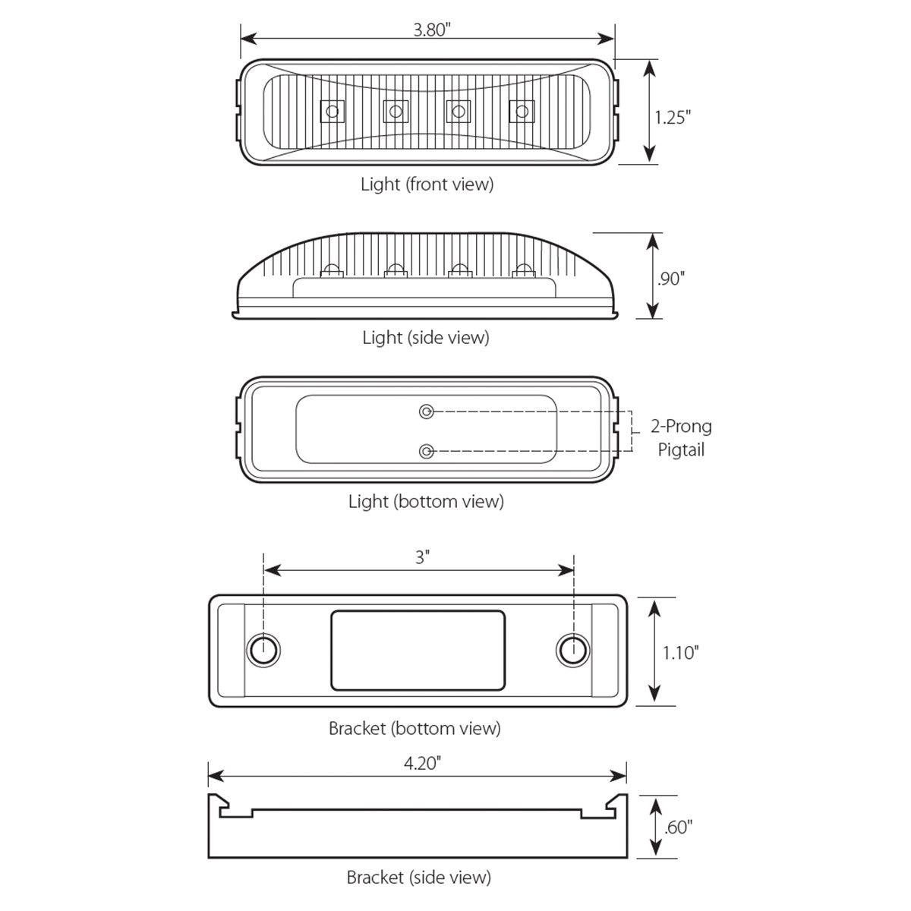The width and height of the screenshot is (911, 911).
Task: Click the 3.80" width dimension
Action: tap(432, 30)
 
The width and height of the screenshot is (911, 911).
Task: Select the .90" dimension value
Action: tap(671, 279)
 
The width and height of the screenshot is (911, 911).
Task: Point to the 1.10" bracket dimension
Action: tap(679, 652)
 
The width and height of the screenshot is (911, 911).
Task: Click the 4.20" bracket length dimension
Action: tap(422, 763)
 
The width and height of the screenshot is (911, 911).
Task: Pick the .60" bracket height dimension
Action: tap(678, 827)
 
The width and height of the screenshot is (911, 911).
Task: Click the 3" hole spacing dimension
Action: tap(422, 557)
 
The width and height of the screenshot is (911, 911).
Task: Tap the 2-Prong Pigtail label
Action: tap(681, 438)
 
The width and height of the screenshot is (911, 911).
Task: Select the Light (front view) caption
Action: tap(427, 184)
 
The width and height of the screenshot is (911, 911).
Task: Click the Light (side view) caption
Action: tap(425, 337)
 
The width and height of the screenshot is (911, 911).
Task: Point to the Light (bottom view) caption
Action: tap(426, 501)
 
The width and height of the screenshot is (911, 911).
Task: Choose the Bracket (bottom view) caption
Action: tap(415, 728)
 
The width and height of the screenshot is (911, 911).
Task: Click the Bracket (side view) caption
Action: tap(418, 878)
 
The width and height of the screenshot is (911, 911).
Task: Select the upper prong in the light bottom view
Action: tap(427, 411)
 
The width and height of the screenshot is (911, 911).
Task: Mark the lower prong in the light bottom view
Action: tap(427, 452)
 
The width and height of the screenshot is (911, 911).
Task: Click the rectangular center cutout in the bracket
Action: tap(418, 651)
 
